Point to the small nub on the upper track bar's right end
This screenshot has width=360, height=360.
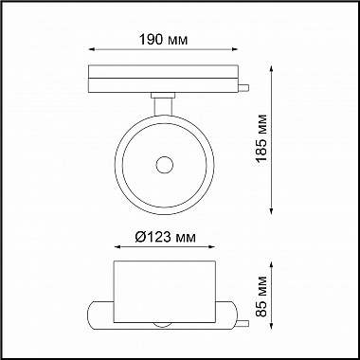tap(245, 89)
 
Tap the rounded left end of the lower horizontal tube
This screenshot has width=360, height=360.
tap(92, 314)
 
